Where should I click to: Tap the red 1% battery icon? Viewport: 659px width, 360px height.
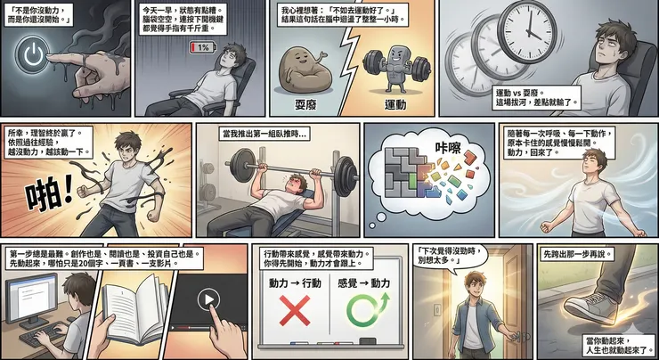(201, 47)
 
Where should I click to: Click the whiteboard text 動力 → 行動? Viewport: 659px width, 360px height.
(293, 282)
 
